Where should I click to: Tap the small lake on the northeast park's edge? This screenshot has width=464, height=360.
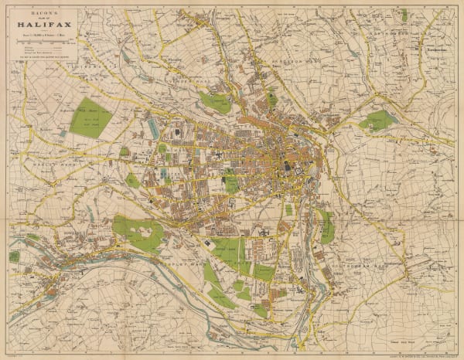click(363, 124)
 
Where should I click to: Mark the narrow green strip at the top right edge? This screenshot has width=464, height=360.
click(404, 15)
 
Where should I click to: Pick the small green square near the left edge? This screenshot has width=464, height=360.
click(14, 256)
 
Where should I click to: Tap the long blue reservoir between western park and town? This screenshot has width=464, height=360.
click(154, 127)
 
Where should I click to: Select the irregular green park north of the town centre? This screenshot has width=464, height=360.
click(215, 103)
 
